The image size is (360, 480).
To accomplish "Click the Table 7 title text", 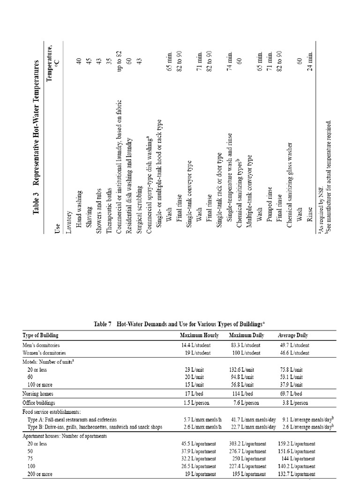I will pos(180,324).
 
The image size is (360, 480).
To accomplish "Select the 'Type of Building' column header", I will pos(41,335).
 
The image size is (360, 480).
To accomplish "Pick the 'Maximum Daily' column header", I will pos(247,335).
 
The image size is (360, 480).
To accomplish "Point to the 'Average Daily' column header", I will pos(293,335).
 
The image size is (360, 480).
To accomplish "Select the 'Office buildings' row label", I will pos(39,403).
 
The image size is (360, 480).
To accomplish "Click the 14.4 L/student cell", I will pos(199,345).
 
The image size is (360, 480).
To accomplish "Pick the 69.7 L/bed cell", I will pos(292,394).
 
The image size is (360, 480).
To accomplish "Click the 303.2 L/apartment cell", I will pos(249,443).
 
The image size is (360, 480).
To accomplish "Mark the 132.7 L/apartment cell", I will pos(297,474).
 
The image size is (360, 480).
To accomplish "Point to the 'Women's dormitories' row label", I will pos(45,352).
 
